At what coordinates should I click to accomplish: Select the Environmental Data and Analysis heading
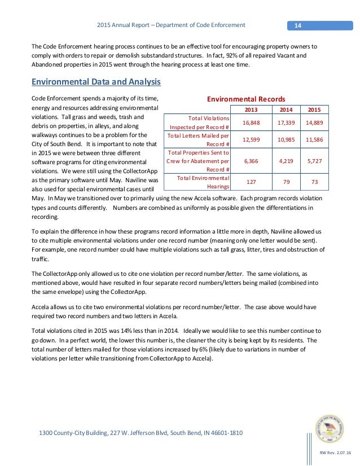[96, 82]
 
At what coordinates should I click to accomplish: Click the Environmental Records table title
[245, 99]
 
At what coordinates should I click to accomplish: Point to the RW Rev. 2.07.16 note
[335, 454]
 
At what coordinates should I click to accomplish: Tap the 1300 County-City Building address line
[141, 433]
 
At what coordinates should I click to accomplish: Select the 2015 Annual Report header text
[171, 25]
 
